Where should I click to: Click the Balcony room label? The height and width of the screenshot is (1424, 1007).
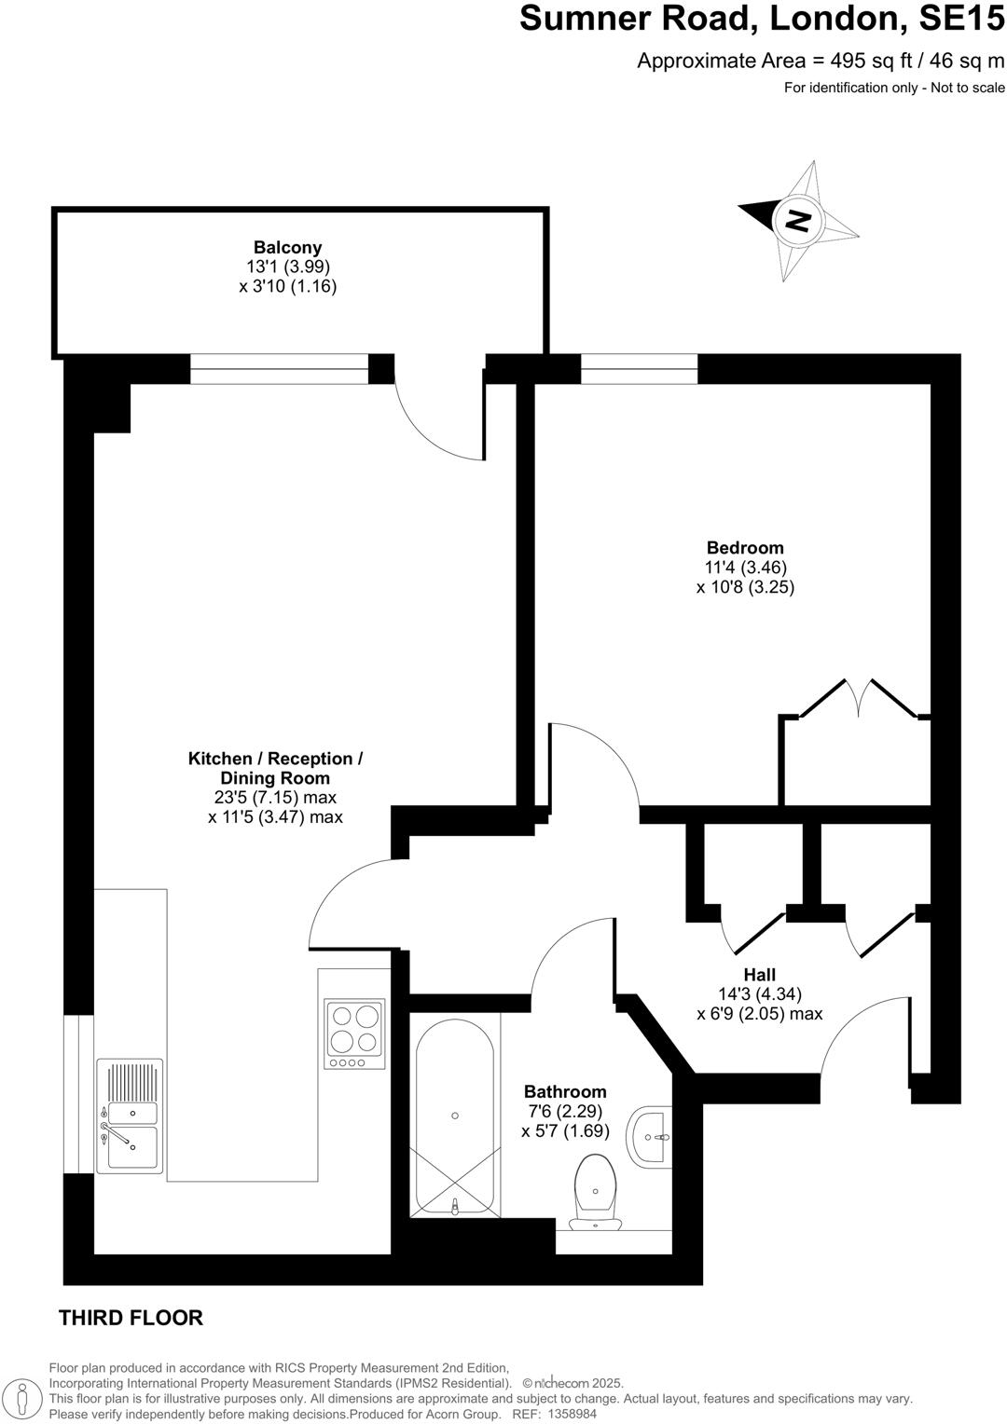287,247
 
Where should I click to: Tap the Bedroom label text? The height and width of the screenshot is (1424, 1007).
744,547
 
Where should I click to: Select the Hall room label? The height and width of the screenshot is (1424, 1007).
759,974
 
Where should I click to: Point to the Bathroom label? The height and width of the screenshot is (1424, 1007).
565,1091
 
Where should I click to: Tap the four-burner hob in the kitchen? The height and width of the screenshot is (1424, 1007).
354,1034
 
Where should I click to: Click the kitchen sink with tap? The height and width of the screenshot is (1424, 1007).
130,1115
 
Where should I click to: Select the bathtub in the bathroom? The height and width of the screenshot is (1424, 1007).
454,1115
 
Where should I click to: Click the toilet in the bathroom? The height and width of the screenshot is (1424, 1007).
595,1191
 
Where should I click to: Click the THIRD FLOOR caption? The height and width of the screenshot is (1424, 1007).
131,1318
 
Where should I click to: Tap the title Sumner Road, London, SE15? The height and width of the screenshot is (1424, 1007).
762,19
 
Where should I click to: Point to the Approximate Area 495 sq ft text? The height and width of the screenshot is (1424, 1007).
821,61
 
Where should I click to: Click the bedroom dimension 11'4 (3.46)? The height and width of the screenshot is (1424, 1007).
745,567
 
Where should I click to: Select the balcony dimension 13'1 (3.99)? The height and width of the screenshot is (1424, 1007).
287,267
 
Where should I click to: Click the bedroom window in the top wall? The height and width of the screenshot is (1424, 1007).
639,369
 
